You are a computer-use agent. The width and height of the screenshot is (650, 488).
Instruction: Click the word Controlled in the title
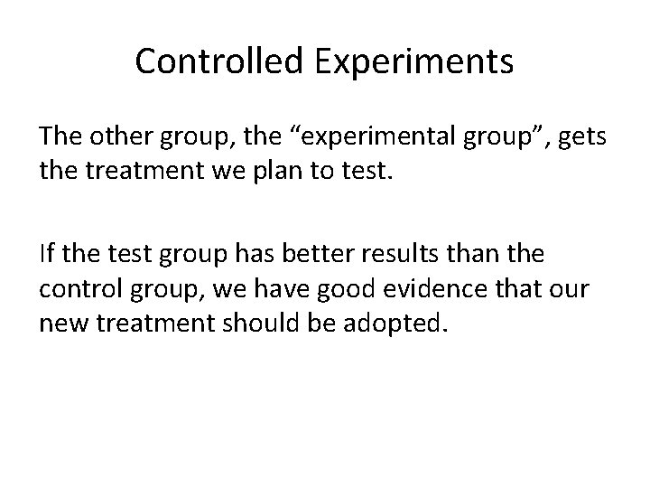(x=213, y=61)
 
